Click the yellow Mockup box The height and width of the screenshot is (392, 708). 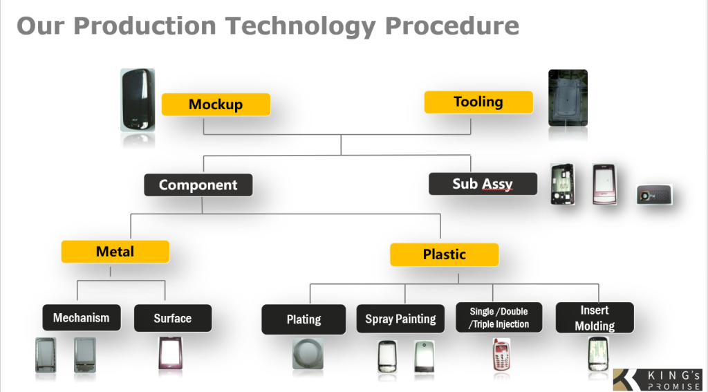coord(216,104)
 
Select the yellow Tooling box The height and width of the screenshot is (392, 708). coord(478,102)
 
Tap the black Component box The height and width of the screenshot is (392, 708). coord(198,185)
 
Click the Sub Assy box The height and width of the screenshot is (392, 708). coord(483,184)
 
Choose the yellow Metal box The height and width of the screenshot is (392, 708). coord(115,252)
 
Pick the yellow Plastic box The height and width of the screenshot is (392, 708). coord(444,254)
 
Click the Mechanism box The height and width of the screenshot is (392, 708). coord(82,318)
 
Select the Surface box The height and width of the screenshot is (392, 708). coord(172,318)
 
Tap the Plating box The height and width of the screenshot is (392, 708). coord(304,319)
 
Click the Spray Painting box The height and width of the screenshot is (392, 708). coord(400,319)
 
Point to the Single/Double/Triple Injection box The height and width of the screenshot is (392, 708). coord(499,318)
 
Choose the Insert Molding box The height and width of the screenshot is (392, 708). coord(595,318)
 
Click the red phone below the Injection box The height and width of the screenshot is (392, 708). coord(501,356)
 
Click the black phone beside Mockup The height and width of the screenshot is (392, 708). coord(138,100)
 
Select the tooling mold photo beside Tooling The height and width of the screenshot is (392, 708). coord(568,97)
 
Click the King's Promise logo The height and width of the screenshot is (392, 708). coord(657,379)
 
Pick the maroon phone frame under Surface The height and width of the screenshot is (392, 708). coord(169,355)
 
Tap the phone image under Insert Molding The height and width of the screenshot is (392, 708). coord(597,355)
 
